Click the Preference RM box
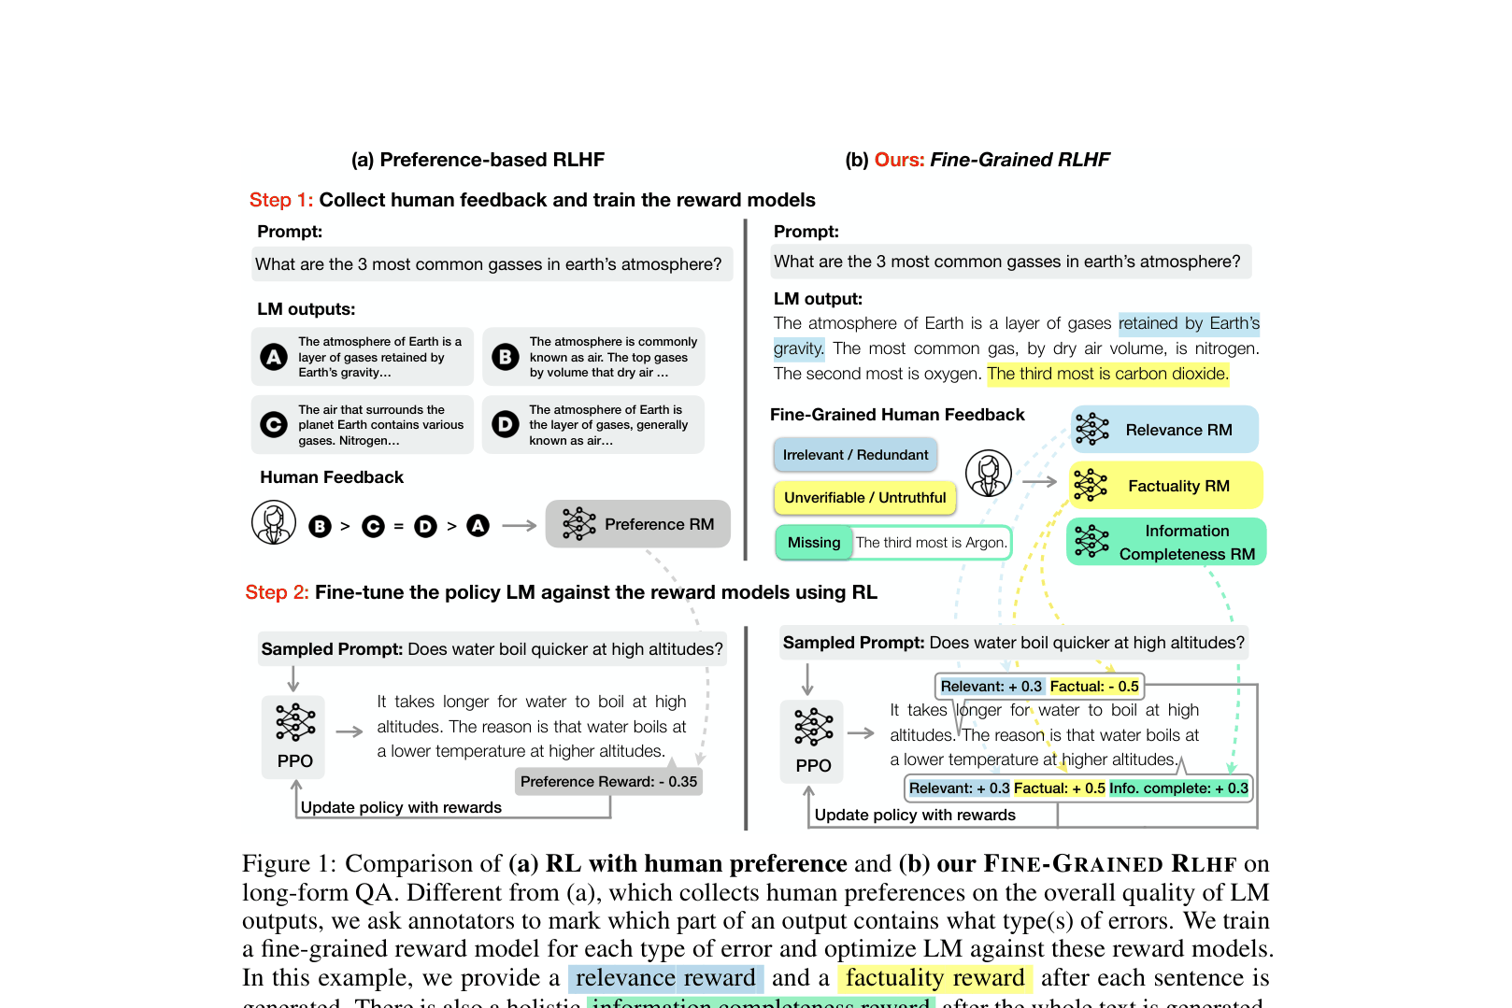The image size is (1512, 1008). (637, 524)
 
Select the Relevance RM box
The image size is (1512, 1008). (1164, 430)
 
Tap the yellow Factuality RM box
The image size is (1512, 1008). (1165, 486)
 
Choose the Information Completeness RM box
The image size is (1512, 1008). (1166, 542)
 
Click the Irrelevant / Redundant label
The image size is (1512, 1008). (855, 455)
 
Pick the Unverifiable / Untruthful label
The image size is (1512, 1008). (864, 498)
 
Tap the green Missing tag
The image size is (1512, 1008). (813, 543)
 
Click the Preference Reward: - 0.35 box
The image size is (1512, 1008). (608, 782)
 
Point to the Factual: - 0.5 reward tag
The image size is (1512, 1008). (1094, 687)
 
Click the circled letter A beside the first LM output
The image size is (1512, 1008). (274, 357)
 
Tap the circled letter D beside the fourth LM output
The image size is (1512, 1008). (505, 425)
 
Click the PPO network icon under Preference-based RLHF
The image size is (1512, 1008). (294, 722)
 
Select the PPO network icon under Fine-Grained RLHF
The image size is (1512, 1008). (813, 727)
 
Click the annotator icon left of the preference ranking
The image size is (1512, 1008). (274, 523)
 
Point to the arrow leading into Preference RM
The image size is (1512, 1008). (520, 526)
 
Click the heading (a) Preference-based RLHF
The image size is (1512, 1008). (478, 160)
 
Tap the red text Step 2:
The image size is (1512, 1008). (277, 592)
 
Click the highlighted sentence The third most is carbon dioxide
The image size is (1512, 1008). (1107, 374)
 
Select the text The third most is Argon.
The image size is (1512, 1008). (931, 543)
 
